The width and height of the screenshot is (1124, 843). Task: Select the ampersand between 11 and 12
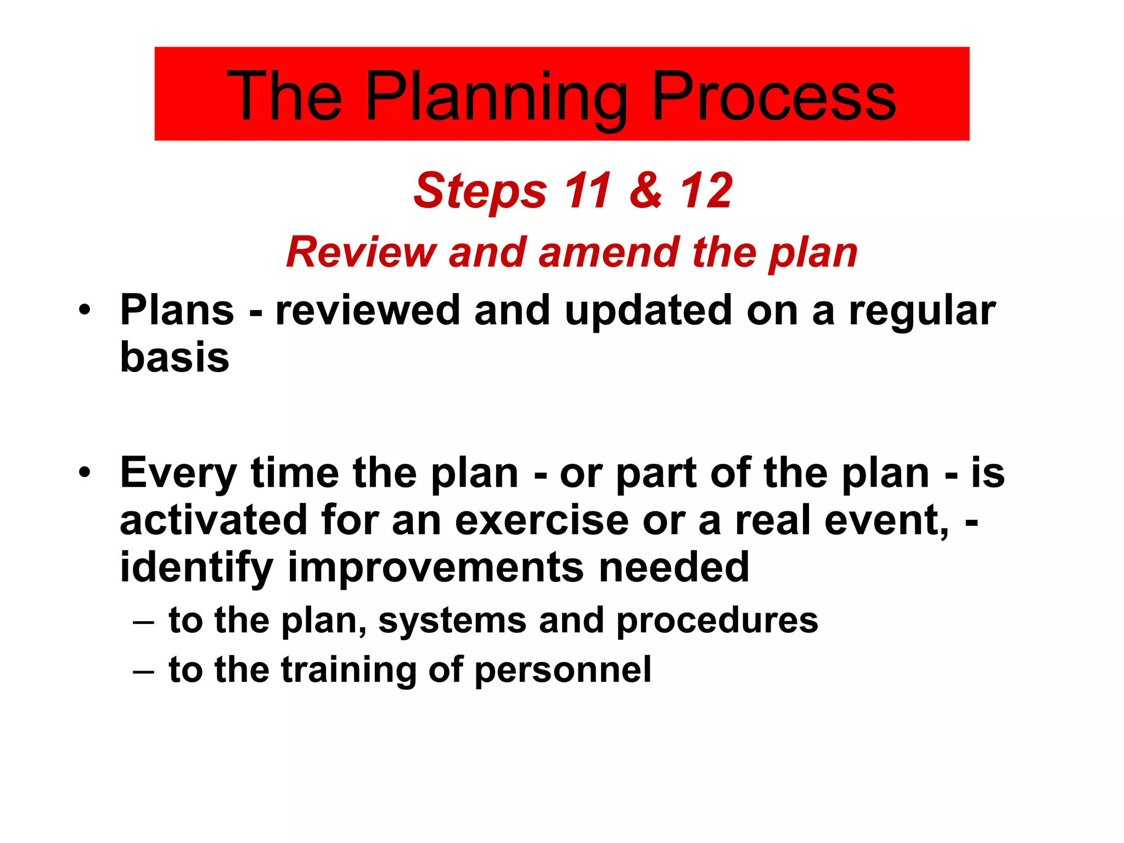[x=645, y=190]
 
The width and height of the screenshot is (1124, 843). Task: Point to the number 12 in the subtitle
[x=706, y=190]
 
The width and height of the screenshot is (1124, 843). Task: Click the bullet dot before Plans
[x=84, y=310]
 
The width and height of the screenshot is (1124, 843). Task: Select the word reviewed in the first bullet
[x=367, y=310]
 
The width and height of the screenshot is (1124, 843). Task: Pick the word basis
[x=174, y=357]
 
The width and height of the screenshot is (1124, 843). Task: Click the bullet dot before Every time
[x=84, y=473]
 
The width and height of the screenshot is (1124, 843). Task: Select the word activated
[x=213, y=520]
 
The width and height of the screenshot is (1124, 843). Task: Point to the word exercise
[x=541, y=520]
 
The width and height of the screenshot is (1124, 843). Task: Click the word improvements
[x=436, y=567]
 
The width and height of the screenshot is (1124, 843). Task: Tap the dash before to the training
[x=143, y=671]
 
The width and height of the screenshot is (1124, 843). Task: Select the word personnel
[x=563, y=670]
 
